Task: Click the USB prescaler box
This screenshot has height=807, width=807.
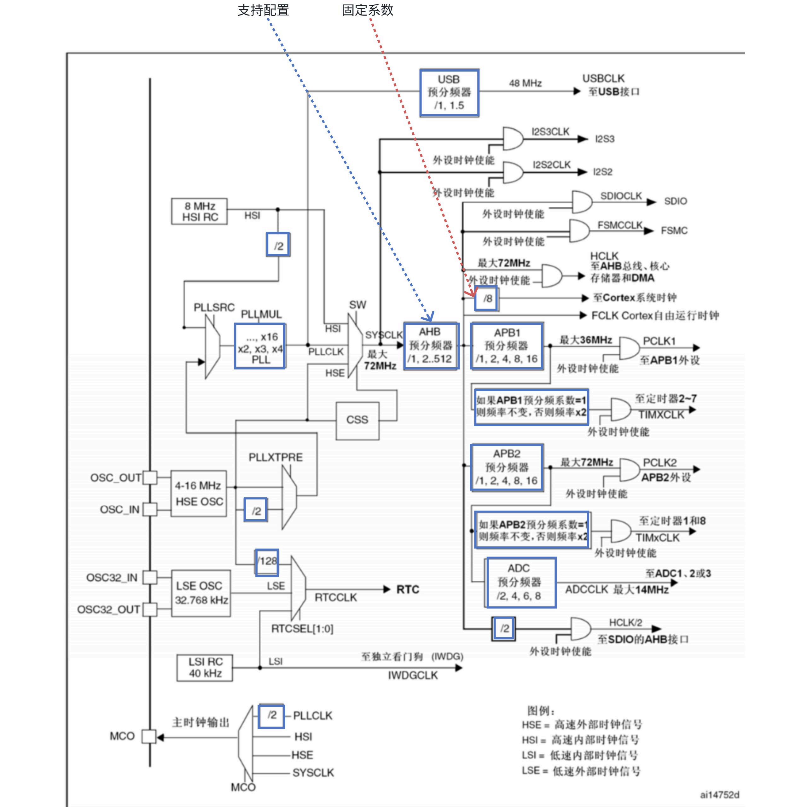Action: click(449, 92)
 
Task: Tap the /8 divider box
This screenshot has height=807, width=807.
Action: click(486, 298)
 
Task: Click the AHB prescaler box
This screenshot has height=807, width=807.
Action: click(431, 345)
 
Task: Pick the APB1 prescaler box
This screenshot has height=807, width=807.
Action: click(506, 345)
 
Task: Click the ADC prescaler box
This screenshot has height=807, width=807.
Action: click(521, 582)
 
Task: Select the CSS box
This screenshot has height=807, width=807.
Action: click(357, 421)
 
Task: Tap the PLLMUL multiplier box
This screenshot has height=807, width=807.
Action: click(260, 346)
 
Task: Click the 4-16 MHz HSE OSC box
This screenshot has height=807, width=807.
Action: click(199, 493)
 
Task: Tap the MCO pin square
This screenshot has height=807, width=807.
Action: click(149, 736)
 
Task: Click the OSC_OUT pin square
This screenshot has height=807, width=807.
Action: click(150, 478)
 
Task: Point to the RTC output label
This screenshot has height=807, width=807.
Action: click(408, 589)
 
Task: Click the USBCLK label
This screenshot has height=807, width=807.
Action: click(604, 78)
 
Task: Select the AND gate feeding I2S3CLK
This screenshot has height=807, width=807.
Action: click(513, 139)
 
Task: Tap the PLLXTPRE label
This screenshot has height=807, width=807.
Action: click(276, 457)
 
